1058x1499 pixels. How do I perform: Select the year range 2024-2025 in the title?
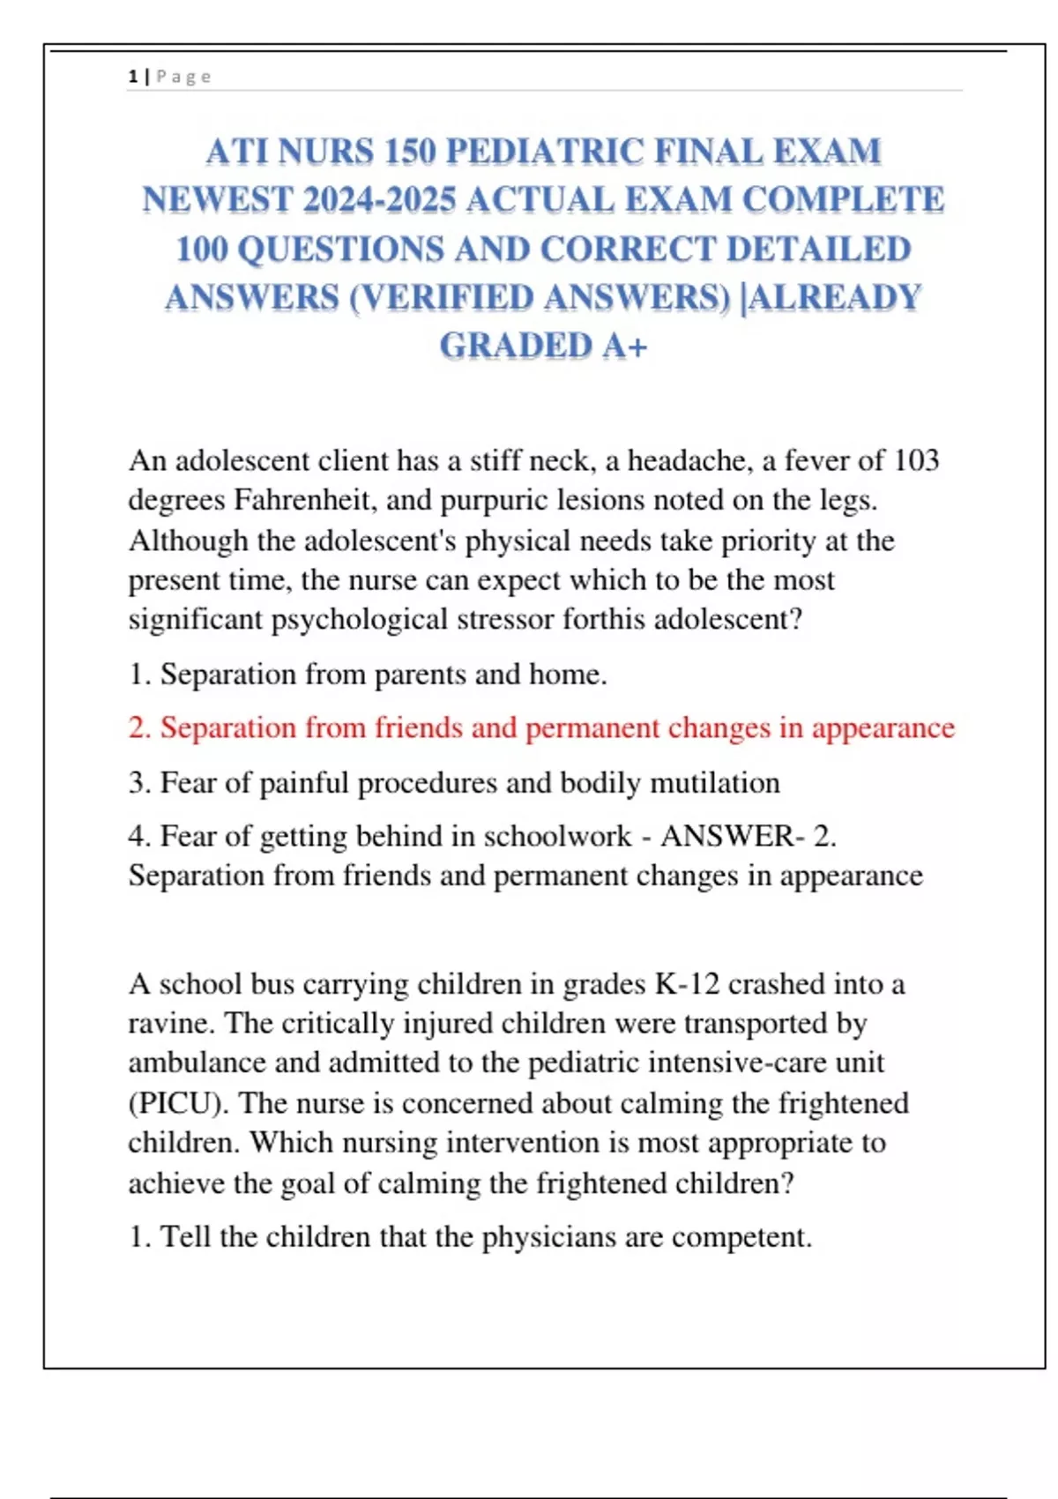pyautogui.click(x=378, y=200)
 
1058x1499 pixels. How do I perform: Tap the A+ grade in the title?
pyautogui.click(x=625, y=346)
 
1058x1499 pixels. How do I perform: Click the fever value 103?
pyautogui.click(x=916, y=460)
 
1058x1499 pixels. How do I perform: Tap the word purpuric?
pyautogui.click(x=497, y=501)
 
